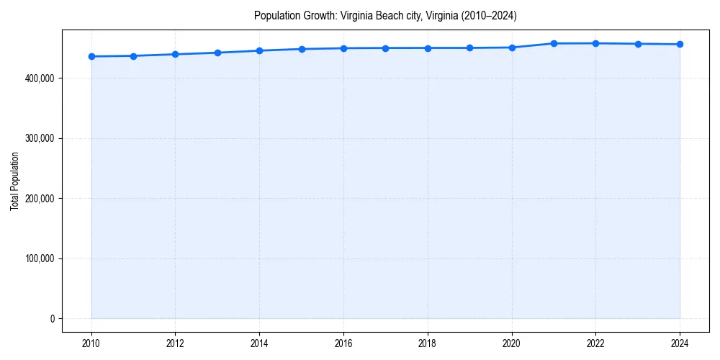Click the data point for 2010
(x=91, y=56)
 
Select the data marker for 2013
(x=217, y=53)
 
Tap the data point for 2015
(x=302, y=49)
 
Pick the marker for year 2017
(x=386, y=48)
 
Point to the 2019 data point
(x=469, y=48)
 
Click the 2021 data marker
(x=554, y=43)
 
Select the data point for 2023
(x=638, y=44)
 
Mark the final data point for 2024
(x=680, y=45)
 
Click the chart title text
(x=385, y=15)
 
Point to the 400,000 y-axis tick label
(x=40, y=78)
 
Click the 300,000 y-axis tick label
(x=40, y=138)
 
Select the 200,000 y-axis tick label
(x=40, y=198)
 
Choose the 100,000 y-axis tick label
(x=40, y=258)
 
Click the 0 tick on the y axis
(x=52, y=319)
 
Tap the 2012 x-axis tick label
(x=176, y=343)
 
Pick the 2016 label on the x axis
(x=343, y=343)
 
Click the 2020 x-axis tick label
(x=512, y=343)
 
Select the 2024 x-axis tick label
(x=680, y=343)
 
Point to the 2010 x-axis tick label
(x=91, y=343)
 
